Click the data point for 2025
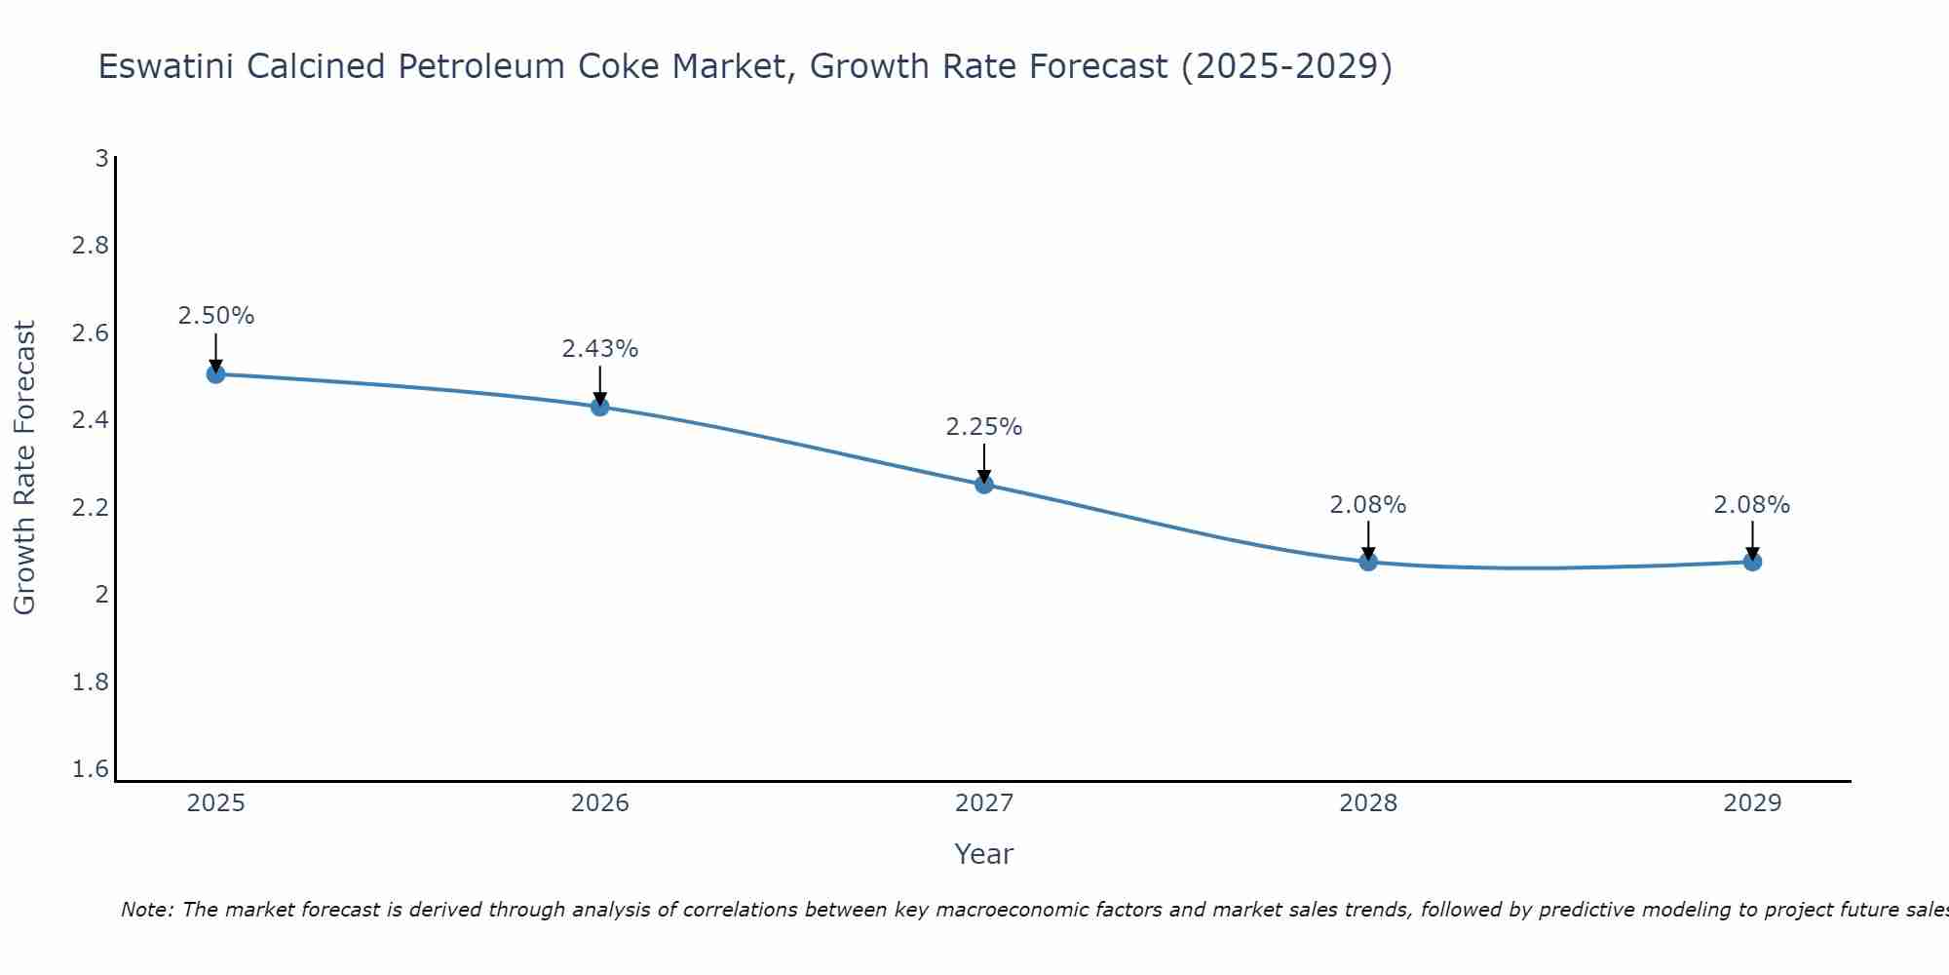(216, 373)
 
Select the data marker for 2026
(600, 407)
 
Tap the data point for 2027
(984, 485)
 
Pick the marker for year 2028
(1368, 562)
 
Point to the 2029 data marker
(1752, 562)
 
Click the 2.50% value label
(216, 316)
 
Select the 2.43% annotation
(600, 349)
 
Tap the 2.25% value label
(984, 427)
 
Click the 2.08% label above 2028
(1368, 505)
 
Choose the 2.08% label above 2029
(1752, 505)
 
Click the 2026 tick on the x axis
(600, 803)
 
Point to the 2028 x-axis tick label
(1368, 803)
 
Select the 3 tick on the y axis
(101, 158)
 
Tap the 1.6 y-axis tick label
(91, 770)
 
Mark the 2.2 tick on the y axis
(91, 508)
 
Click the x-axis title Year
(984, 854)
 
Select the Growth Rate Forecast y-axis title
(25, 468)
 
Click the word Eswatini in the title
(166, 66)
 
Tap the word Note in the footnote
(145, 910)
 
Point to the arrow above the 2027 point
(984, 462)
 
